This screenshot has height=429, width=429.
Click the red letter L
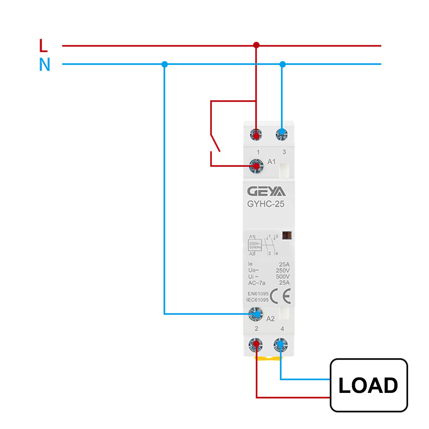click(43, 46)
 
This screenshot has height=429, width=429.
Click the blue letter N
click(44, 65)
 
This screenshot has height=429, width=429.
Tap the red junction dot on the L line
click(256, 45)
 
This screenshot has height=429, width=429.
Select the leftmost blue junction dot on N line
click(164, 64)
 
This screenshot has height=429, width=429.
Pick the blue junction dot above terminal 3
click(282, 64)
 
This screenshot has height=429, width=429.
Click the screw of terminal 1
click(256, 135)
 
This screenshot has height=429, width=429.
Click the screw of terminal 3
click(282, 134)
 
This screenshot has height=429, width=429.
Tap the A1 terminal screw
click(256, 166)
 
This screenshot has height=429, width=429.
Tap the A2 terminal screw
click(256, 314)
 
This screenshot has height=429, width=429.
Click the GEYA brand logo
click(266, 192)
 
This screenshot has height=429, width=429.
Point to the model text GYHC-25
click(266, 204)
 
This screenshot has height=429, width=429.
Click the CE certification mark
click(280, 296)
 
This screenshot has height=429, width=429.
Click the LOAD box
click(369, 385)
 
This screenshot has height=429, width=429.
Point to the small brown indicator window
click(287, 235)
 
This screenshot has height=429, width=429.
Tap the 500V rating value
click(282, 276)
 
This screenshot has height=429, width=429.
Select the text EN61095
click(258, 294)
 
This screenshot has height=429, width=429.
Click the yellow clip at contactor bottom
click(268, 358)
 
